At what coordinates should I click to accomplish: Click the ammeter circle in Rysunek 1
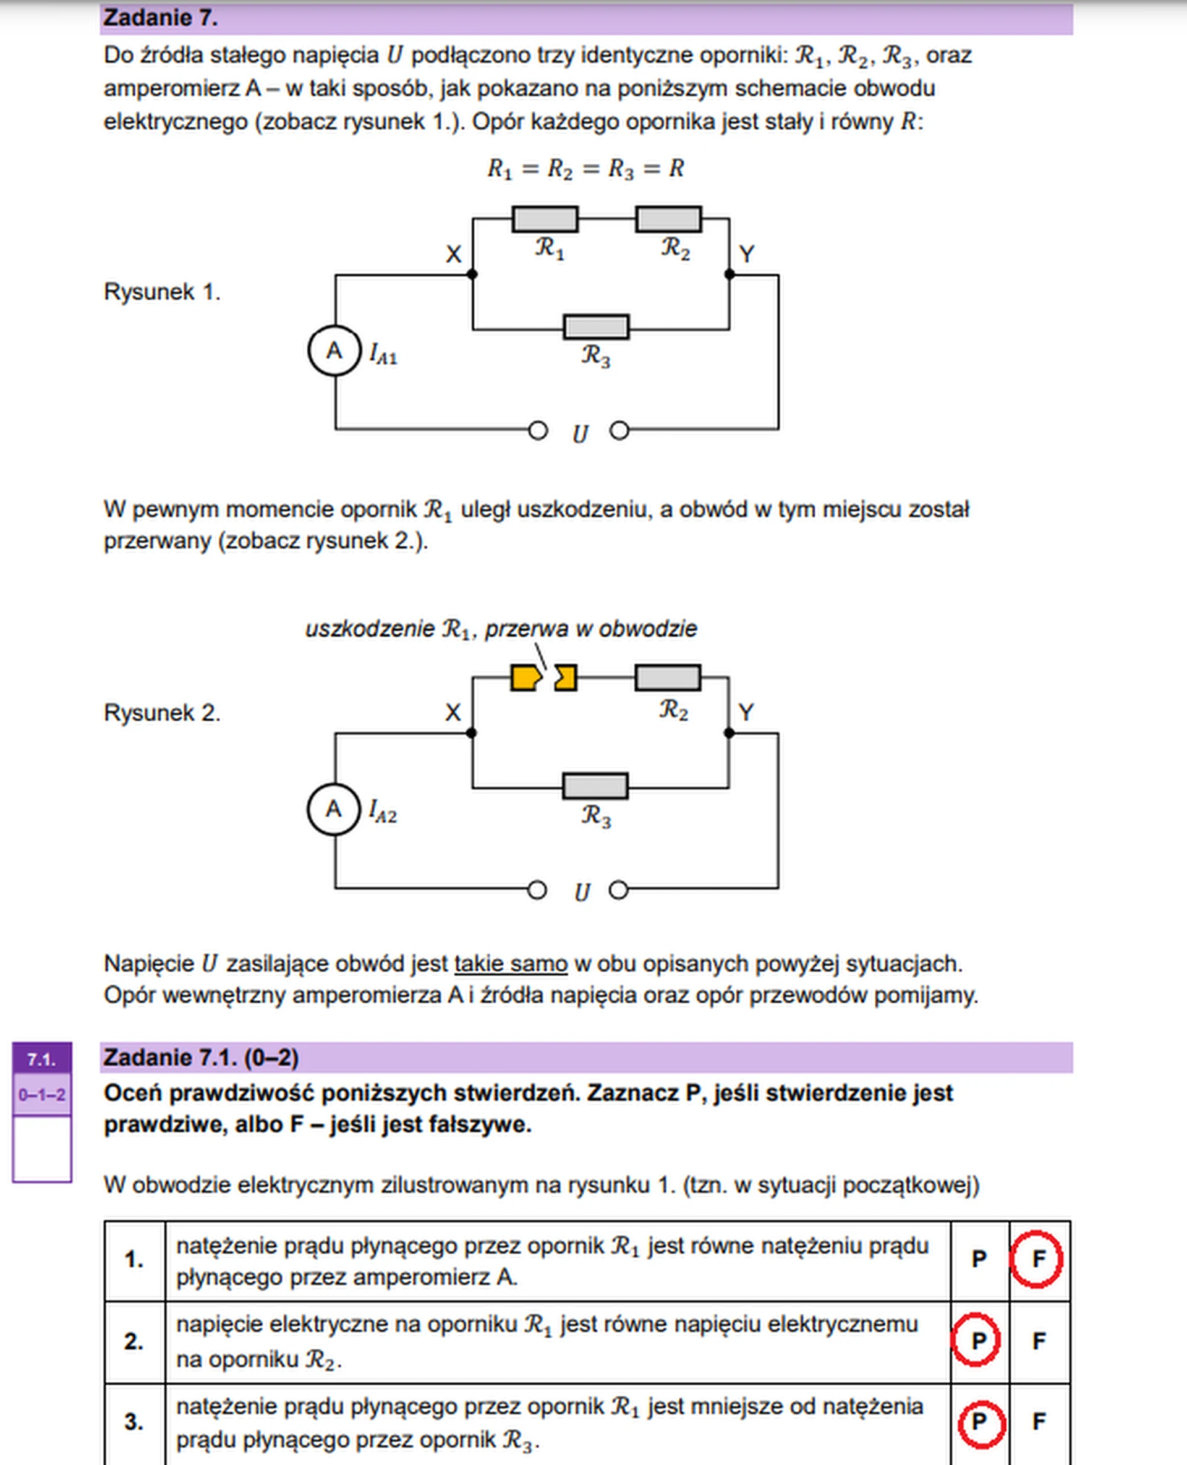point(334,350)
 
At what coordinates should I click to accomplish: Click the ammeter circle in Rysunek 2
point(334,809)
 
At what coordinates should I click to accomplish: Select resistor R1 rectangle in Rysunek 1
point(545,219)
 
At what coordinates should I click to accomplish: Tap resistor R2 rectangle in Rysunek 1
point(668,219)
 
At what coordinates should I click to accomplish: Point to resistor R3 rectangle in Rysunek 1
point(595,327)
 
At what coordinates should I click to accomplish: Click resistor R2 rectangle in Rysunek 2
point(667,677)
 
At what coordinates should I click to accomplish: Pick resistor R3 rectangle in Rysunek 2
point(595,786)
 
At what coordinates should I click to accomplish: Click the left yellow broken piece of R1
point(525,677)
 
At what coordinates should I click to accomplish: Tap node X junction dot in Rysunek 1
point(472,274)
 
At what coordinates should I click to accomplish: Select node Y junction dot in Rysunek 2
point(729,733)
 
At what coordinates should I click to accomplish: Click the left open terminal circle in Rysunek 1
point(538,431)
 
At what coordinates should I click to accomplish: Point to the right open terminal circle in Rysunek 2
point(618,890)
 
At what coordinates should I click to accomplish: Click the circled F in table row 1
point(1037,1259)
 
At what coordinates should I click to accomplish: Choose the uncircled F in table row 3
point(1038,1422)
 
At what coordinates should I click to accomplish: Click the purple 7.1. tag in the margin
point(41,1059)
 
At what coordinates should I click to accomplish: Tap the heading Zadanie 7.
point(161,18)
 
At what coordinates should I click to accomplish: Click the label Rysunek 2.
point(162,713)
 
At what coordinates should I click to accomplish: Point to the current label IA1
point(383,354)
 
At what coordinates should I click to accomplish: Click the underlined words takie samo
point(511,963)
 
